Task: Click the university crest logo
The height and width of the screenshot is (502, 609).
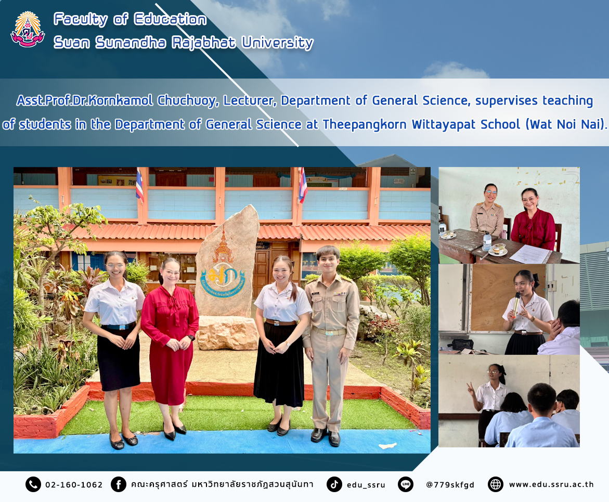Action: [x=28, y=29]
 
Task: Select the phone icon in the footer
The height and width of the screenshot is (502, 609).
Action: [x=33, y=484]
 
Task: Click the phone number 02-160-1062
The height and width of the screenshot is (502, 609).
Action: [x=74, y=485]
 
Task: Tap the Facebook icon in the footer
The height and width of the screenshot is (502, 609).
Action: [x=119, y=484]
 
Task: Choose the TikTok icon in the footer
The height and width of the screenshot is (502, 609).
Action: [x=334, y=484]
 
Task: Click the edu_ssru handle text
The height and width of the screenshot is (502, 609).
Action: [x=366, y=485]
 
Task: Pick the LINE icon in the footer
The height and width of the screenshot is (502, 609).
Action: [x=406, y=484]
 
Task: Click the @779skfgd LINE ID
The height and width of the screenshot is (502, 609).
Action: [x=450, y=485]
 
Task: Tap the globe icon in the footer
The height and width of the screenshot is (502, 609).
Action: [x=495, y=484]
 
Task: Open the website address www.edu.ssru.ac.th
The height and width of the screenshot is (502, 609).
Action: [x=551, y=484]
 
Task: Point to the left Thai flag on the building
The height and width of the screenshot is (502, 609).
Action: [x=139, y=185]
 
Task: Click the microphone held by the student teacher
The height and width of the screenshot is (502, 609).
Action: [x=516, y=303]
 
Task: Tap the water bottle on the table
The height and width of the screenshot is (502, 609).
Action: [x=487, y=241]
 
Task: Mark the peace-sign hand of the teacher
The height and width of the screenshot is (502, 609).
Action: [x=472, y=389]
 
